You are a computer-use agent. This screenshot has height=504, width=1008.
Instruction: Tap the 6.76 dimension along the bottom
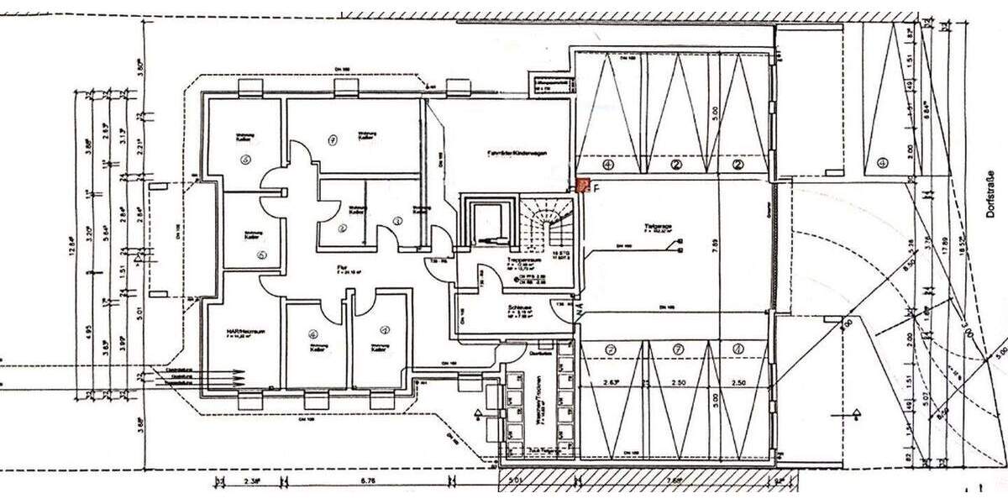366,482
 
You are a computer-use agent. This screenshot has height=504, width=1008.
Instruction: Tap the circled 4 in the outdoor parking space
882,162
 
